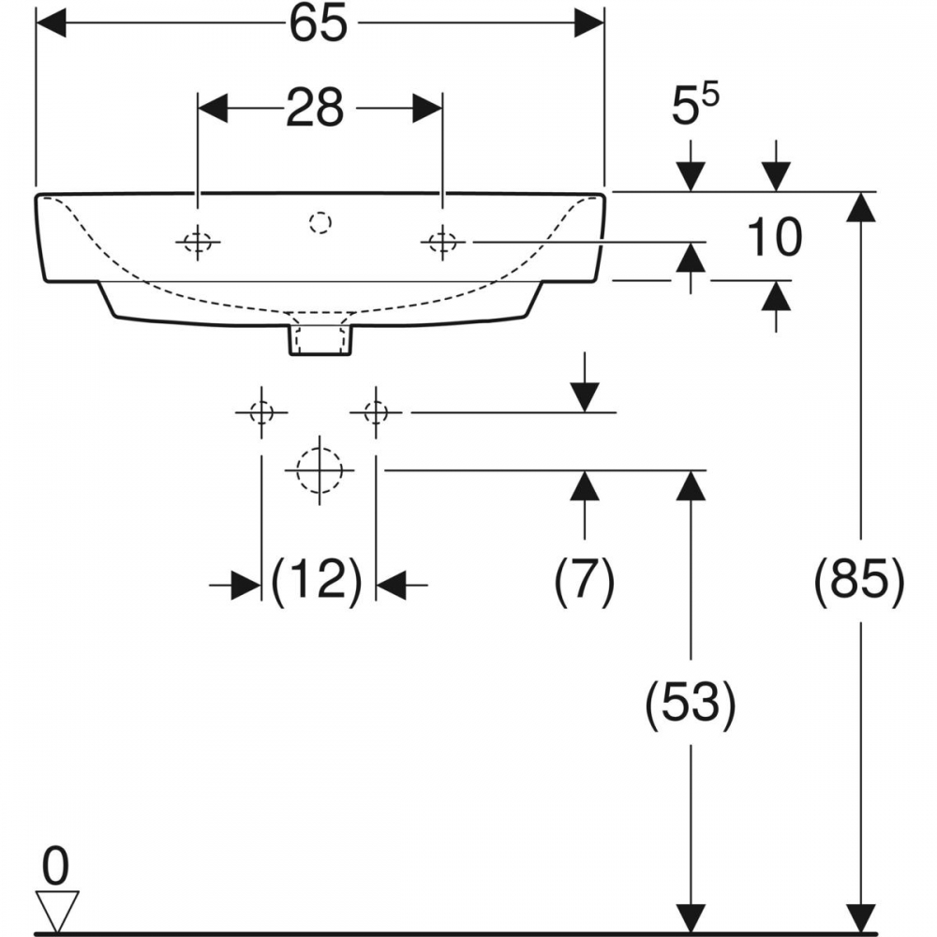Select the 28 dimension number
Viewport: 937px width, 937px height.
click(x=315, y=108)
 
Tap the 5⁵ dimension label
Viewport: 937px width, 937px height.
click(x=695, y=105)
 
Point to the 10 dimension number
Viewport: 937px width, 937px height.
click(x=774, y=237)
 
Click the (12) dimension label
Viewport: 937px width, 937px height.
click(x=317, y=581)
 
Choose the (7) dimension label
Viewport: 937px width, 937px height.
click(x=585, y=581)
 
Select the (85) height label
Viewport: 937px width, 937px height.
click(x=860, y=581)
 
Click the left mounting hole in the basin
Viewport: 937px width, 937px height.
click(x=198, y=242)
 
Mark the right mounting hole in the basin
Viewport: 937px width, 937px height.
click(x=442, y=242)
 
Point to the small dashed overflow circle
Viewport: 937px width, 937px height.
click(x=320, y=223)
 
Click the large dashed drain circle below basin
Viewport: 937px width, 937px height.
click(x=320, y=470)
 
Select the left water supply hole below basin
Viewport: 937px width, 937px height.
click(x=261, y=412)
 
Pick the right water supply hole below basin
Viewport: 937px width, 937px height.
click(x=376, y=412)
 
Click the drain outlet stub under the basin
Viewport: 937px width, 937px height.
click(x=320, y=341)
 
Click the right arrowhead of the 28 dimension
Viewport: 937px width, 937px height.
click(x=427, y=108)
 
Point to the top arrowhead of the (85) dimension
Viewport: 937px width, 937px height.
click(x=860, y=207)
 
